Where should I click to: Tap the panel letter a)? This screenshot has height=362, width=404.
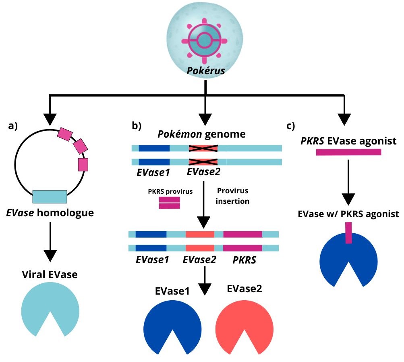pyautogui.click(x=13, y=126)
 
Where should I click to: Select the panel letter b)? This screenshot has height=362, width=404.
pyautogui.click(x=137, y=126)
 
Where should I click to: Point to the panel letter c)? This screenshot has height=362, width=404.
pyautogui.click(x=291, y=126)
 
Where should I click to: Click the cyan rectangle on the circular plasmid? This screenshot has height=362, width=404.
pyautogui.click(x=50, y=196)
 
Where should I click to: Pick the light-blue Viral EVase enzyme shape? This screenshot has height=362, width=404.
pyautogui.click(x=50, y=309)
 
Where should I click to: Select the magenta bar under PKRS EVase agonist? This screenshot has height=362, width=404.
pyautogui.click(x=348, y=152)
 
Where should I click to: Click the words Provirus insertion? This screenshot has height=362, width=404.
pyautogui.click(x=233, y=196)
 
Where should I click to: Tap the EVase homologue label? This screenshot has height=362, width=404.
pyautogui.click(x=50, y=212)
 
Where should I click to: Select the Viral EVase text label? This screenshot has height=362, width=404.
pyautogui.click(x=50, y=275)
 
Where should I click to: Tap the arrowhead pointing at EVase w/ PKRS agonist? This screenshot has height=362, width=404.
pyautogui.click(x=348, y=198)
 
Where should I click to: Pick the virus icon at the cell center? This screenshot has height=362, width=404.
pyautogui.click(x=205, y=40)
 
